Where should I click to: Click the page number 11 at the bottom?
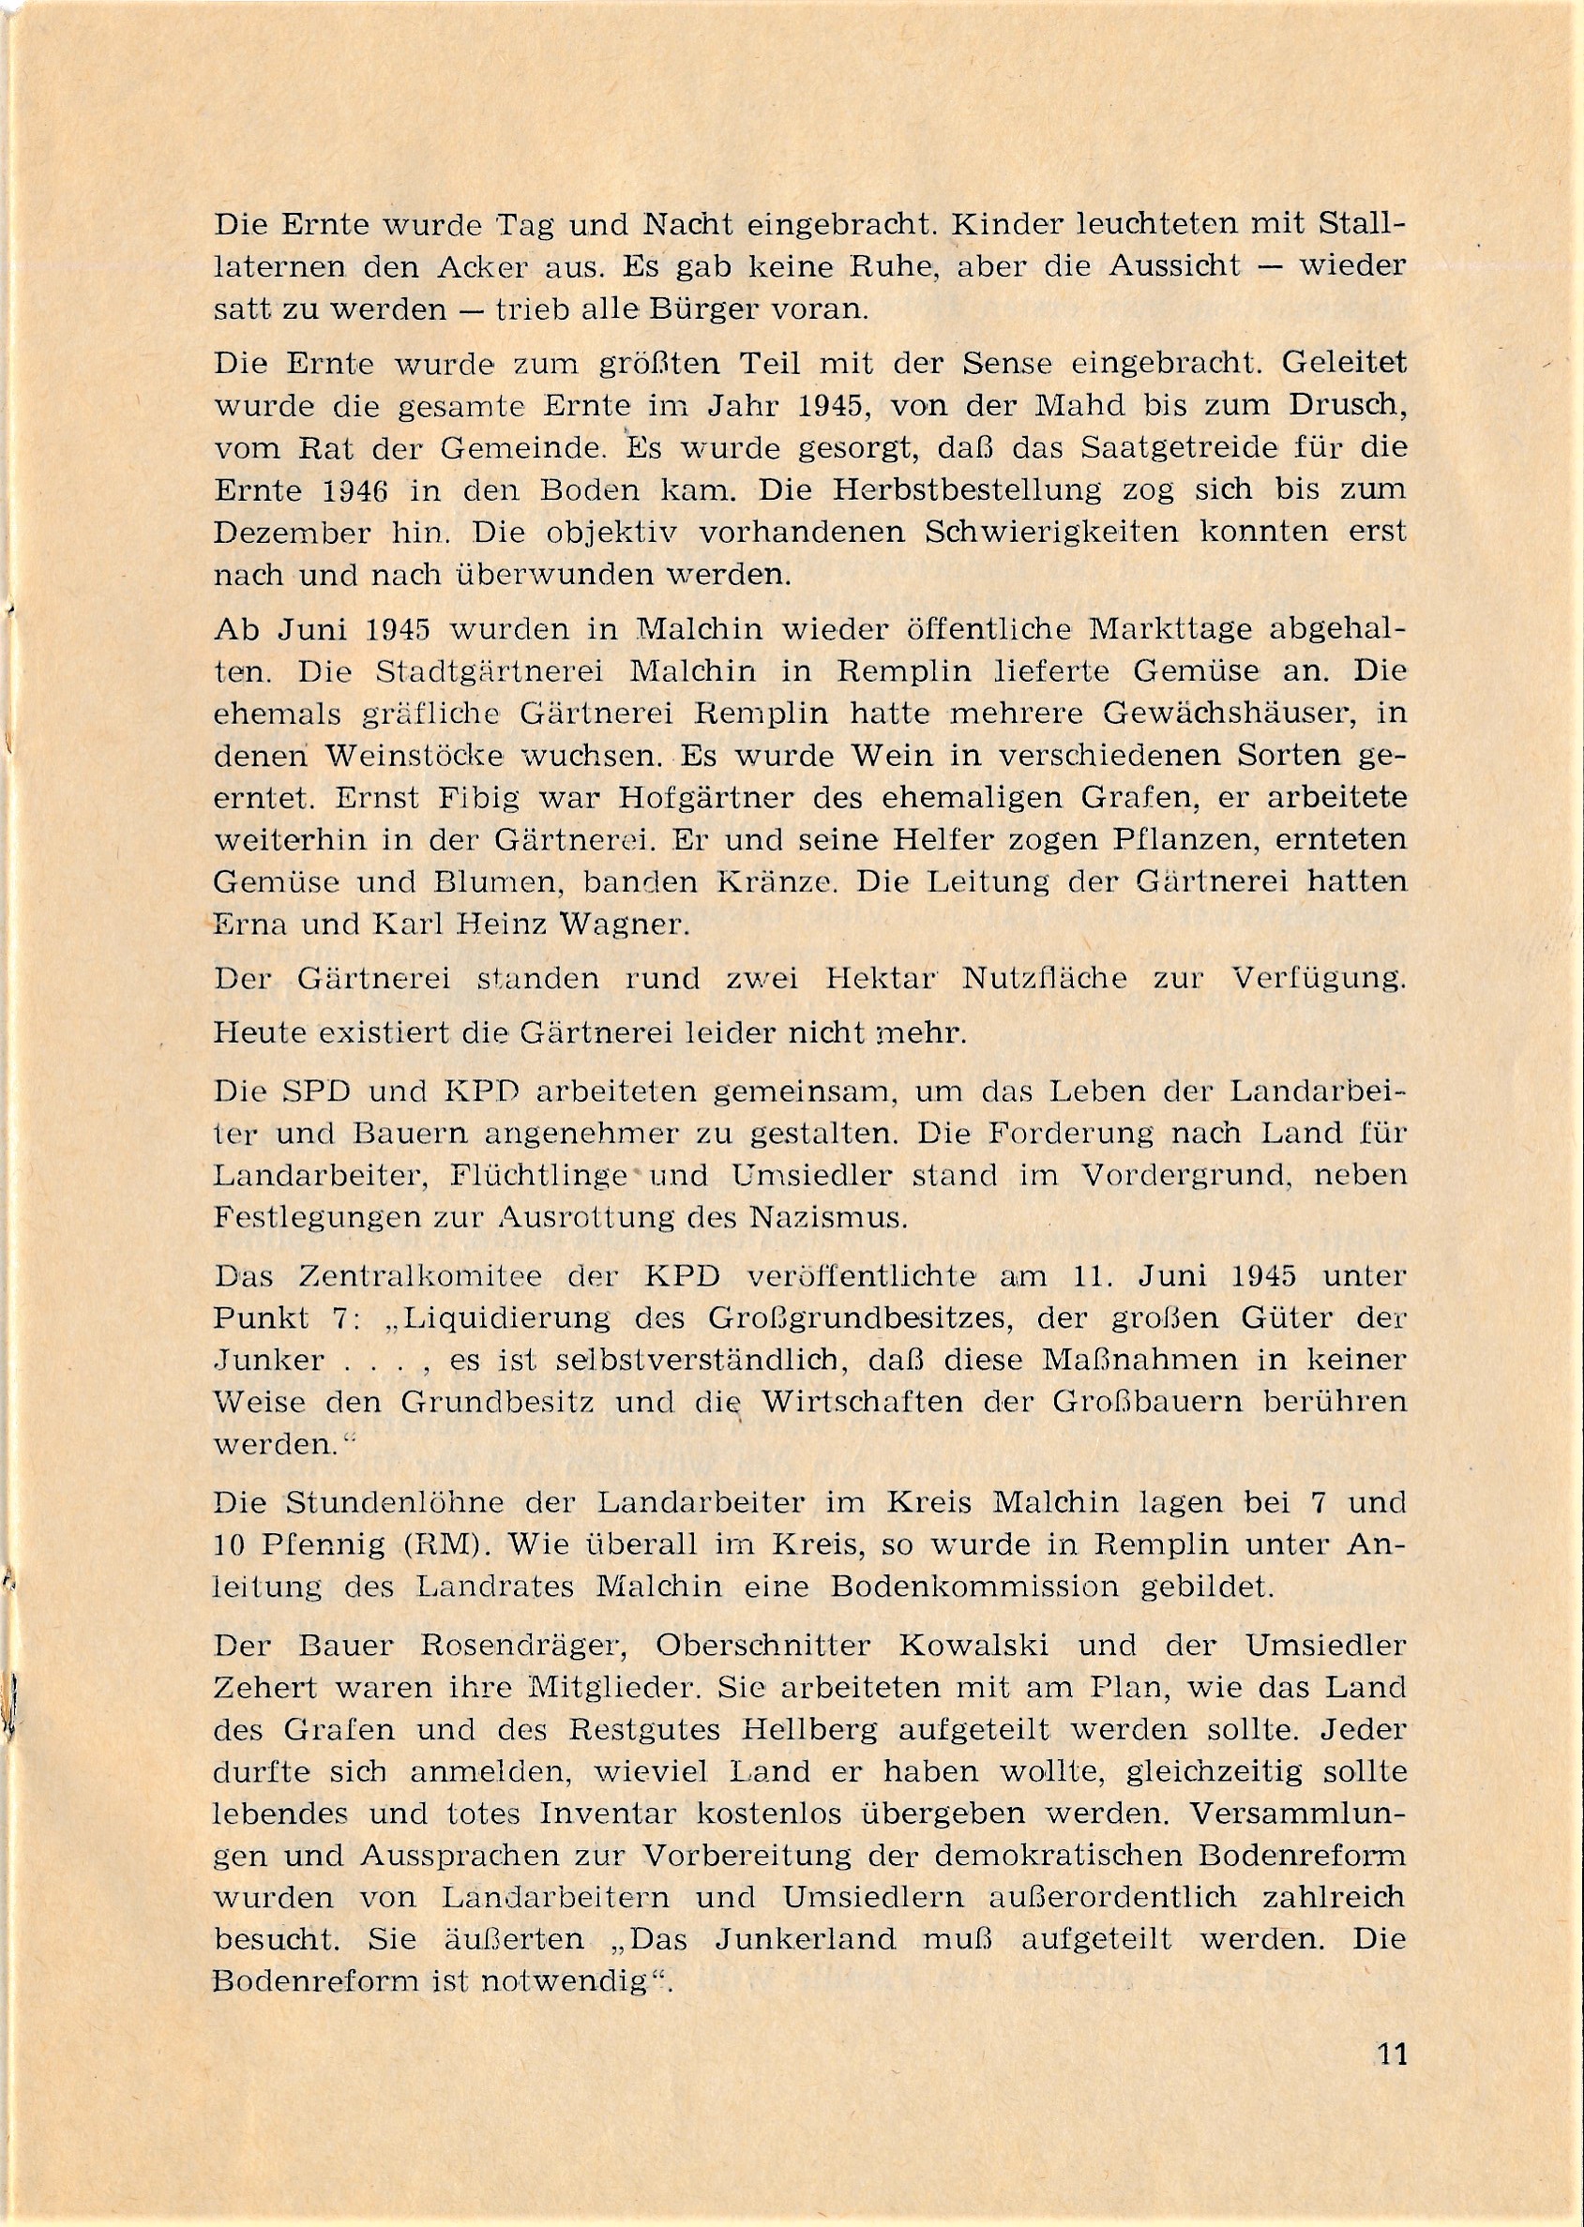[x=1393, y=2054]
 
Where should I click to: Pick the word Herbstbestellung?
[x=929, y=489]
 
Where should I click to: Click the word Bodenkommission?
[x=974, y=1587]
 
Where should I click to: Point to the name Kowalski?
[x=973, y=1646]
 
